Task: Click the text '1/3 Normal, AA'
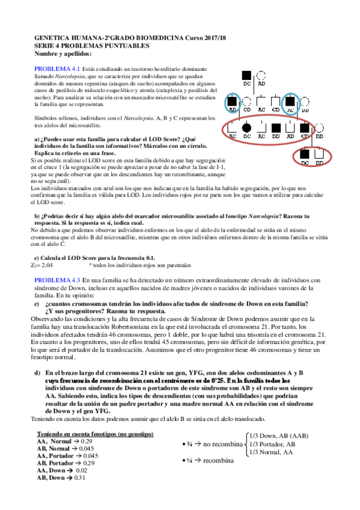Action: coord(272,452)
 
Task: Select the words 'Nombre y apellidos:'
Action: coord(63,54)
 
